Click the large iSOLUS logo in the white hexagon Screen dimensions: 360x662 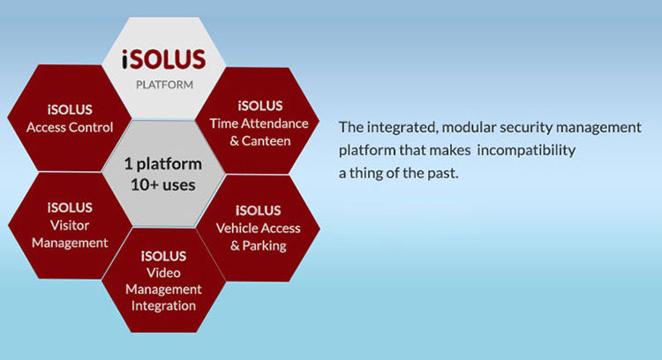[x=162, y=61]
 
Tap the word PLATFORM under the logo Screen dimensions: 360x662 [x=162, y=86]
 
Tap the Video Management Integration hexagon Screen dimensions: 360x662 [x=162, y=280]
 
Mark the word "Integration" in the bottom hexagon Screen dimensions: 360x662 [x=162, y=305]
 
